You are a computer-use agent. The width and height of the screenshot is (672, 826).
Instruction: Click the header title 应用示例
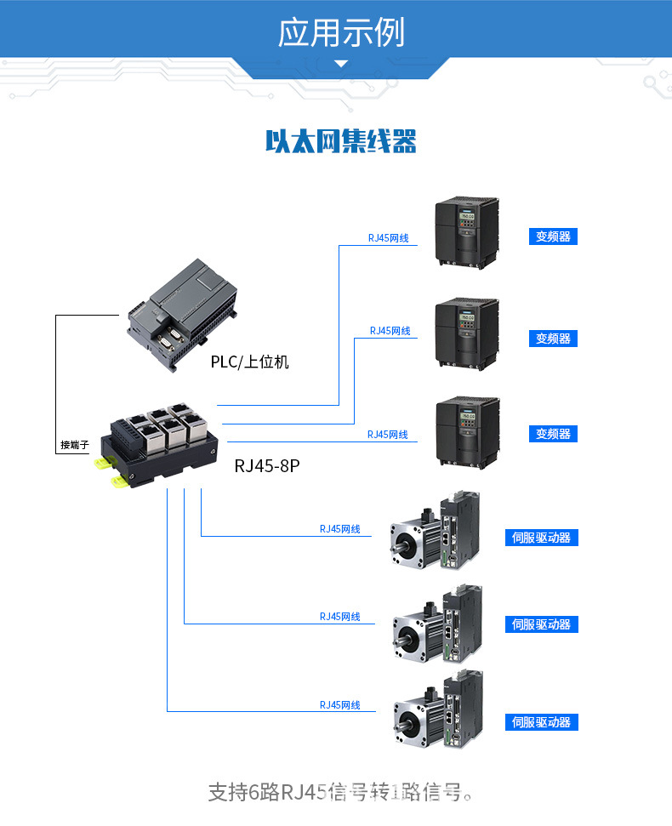pos(341,32)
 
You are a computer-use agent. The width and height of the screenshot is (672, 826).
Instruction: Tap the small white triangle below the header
pos(341,64)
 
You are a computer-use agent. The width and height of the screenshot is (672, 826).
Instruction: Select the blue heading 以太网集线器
pos(340,141)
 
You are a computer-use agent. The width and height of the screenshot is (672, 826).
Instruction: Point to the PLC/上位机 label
pos(249,362)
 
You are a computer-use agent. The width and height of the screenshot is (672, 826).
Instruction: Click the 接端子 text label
pos(74,445)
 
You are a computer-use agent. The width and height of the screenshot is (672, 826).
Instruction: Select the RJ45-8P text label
pos(267,465)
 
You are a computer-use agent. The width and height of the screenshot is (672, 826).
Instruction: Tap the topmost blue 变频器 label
pos(553,236)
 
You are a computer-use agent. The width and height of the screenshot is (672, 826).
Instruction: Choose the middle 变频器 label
pos(553,339)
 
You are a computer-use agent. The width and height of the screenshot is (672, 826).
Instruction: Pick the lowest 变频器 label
pos(553,434)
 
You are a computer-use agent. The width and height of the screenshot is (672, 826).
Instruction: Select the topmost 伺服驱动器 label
pos(542,538)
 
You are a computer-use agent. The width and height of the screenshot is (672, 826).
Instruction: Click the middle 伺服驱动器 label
pos(542,624)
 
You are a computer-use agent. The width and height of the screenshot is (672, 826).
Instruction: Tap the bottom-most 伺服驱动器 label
pos(542,722)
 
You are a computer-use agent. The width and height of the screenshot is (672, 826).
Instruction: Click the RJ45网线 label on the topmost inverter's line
pos(388,238)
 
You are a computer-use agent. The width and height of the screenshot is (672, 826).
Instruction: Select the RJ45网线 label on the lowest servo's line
pos(340,705)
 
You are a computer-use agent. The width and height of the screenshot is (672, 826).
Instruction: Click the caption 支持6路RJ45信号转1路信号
pos(340,793)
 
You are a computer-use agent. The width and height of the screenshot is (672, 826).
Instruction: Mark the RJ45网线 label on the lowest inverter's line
pos(388,435)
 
